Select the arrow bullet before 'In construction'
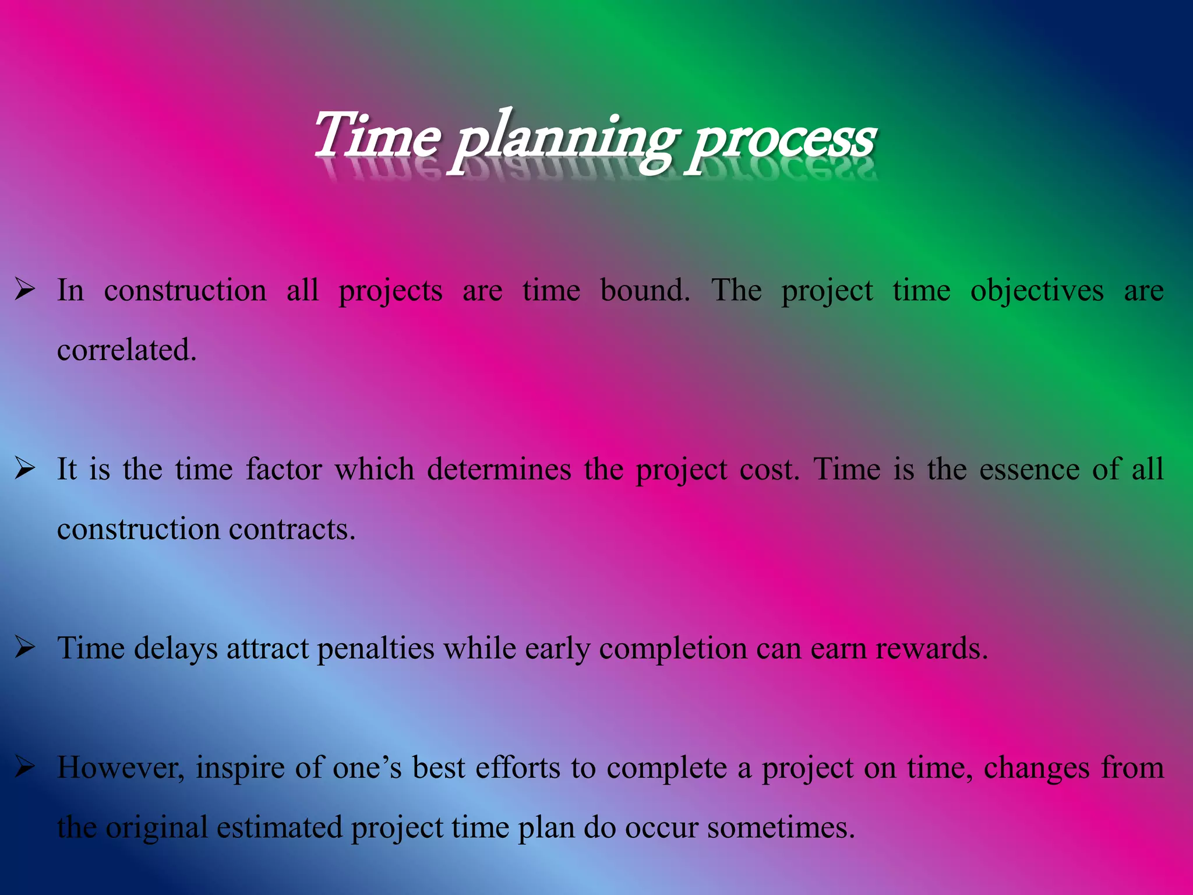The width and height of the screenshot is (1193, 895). (26, 290)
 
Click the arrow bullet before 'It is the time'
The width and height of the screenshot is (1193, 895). (26, 468)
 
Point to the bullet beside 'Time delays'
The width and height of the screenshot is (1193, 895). (26, 647)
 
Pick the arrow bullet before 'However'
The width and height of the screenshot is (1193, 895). (26, 767)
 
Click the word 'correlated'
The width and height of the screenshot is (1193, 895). (126, 350)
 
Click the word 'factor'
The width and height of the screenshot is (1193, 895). (283, 469)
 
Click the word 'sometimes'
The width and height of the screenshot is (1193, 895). (781, 827)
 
